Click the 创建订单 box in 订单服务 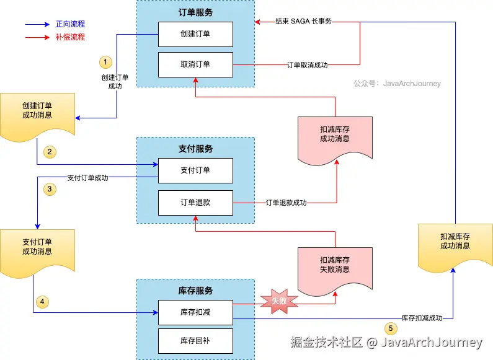195,34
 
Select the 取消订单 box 195,64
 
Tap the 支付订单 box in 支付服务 195,170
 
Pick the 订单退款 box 195,203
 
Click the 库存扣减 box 195,312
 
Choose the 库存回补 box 195,341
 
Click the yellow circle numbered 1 105,62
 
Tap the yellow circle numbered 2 50,152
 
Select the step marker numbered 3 50,189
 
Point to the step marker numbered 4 42,302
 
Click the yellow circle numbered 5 391,328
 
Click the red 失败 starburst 279,301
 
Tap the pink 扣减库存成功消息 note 335,141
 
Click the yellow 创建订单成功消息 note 37,117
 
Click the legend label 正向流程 71,24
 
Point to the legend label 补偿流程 71,37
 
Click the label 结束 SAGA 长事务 303,21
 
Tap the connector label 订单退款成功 286,203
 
